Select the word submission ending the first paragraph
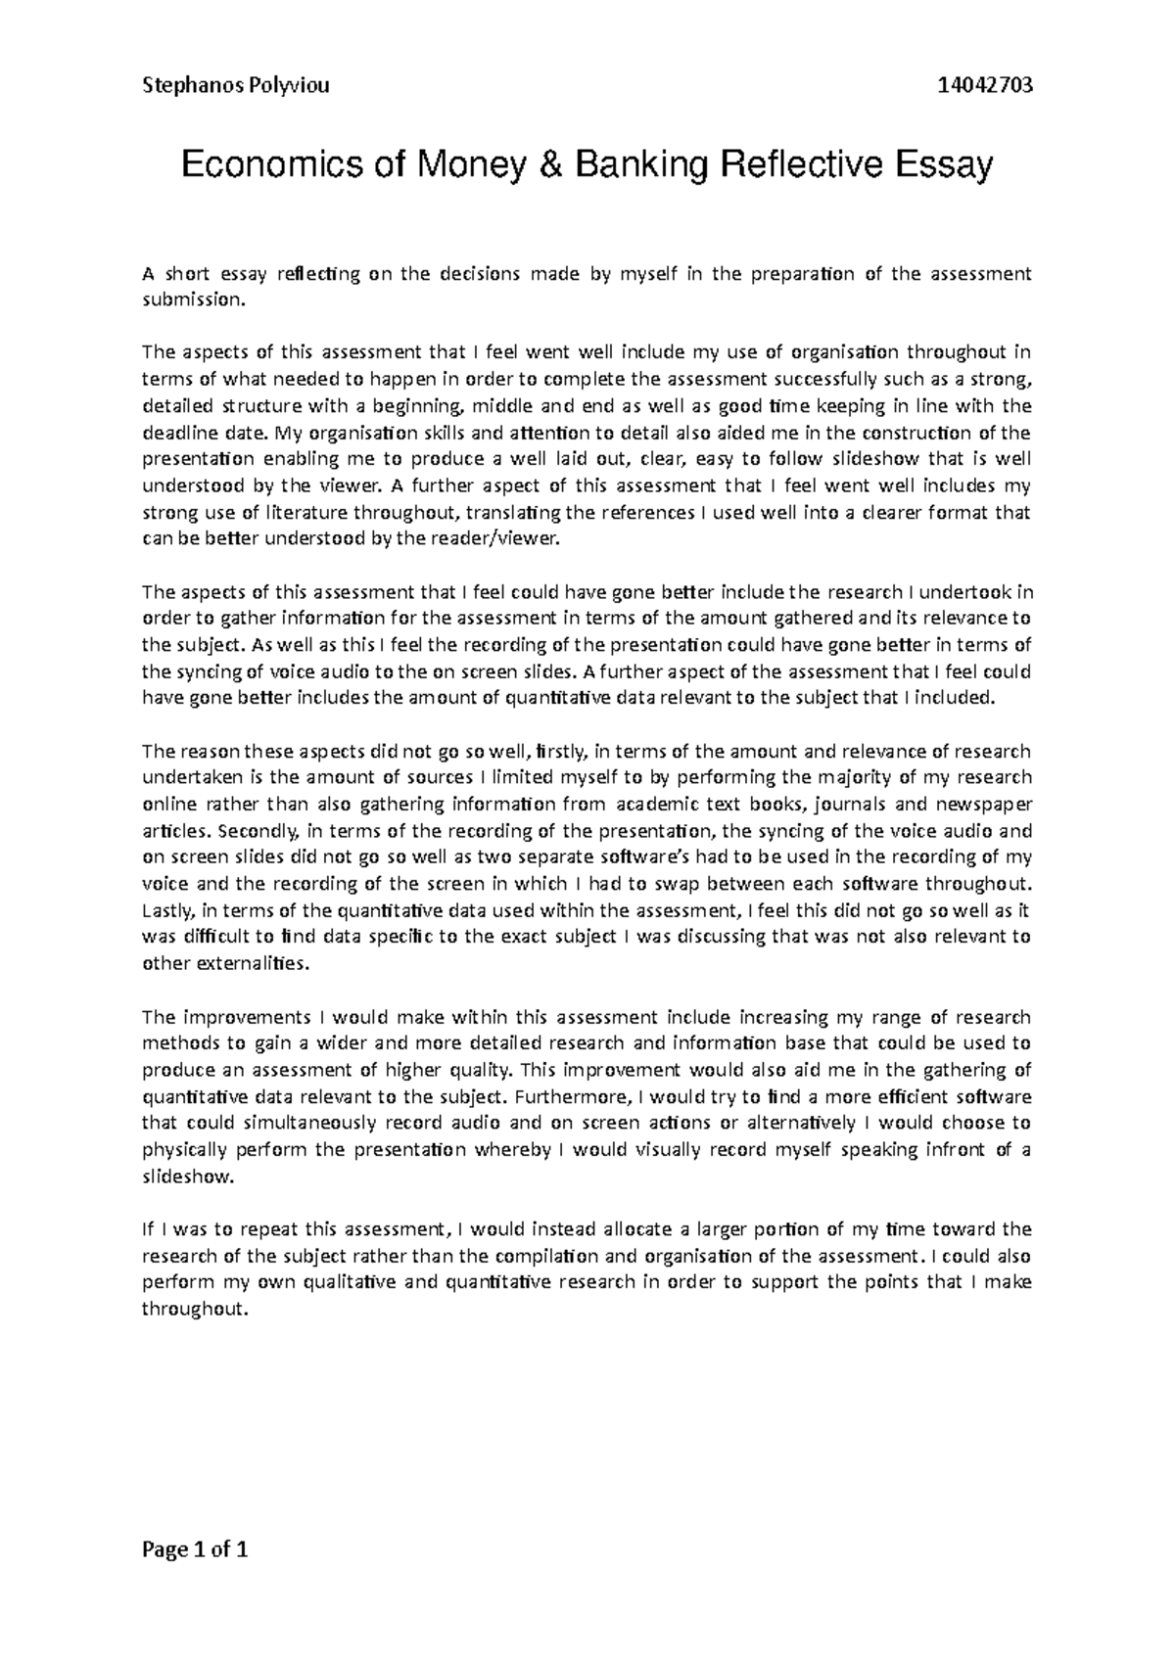click(x=191, y=300)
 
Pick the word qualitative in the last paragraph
click(x=344, y=1282)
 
